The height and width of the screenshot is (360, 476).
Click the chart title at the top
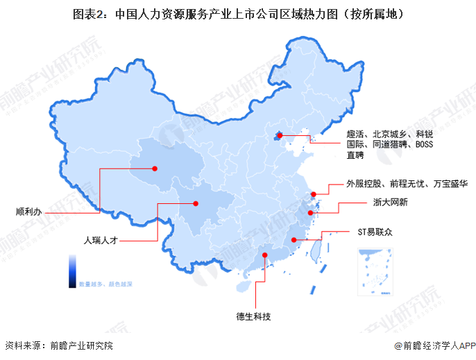click(238, 13)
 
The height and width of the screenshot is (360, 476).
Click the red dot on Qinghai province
click(155, 167)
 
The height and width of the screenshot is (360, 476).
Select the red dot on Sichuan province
click(196, 203)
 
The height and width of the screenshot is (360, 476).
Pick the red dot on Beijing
click(279, 136)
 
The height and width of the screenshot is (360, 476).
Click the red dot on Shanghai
click(314, 194)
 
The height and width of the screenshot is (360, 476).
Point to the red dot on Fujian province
click(294, 240)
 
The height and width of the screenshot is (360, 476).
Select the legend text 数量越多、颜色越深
click(105, 284)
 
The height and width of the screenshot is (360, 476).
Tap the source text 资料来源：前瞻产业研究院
click(58, 345)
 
